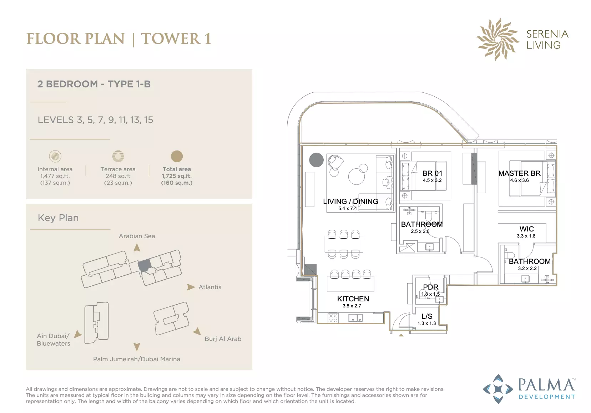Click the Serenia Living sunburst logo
497,39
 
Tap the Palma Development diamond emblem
498,389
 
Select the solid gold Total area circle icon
177,156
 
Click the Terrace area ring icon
118,156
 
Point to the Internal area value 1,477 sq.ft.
55,176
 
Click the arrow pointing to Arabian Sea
137,248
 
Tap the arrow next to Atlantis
191,287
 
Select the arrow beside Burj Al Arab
197,331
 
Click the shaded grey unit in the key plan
145,265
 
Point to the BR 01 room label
432,173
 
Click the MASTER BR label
520,173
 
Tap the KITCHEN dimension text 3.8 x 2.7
352,306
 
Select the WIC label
527,229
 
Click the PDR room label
431,287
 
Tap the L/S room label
427,316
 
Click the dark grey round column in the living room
316,160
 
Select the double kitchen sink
356,318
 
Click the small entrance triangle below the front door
401,335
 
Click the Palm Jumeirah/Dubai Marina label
137,359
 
